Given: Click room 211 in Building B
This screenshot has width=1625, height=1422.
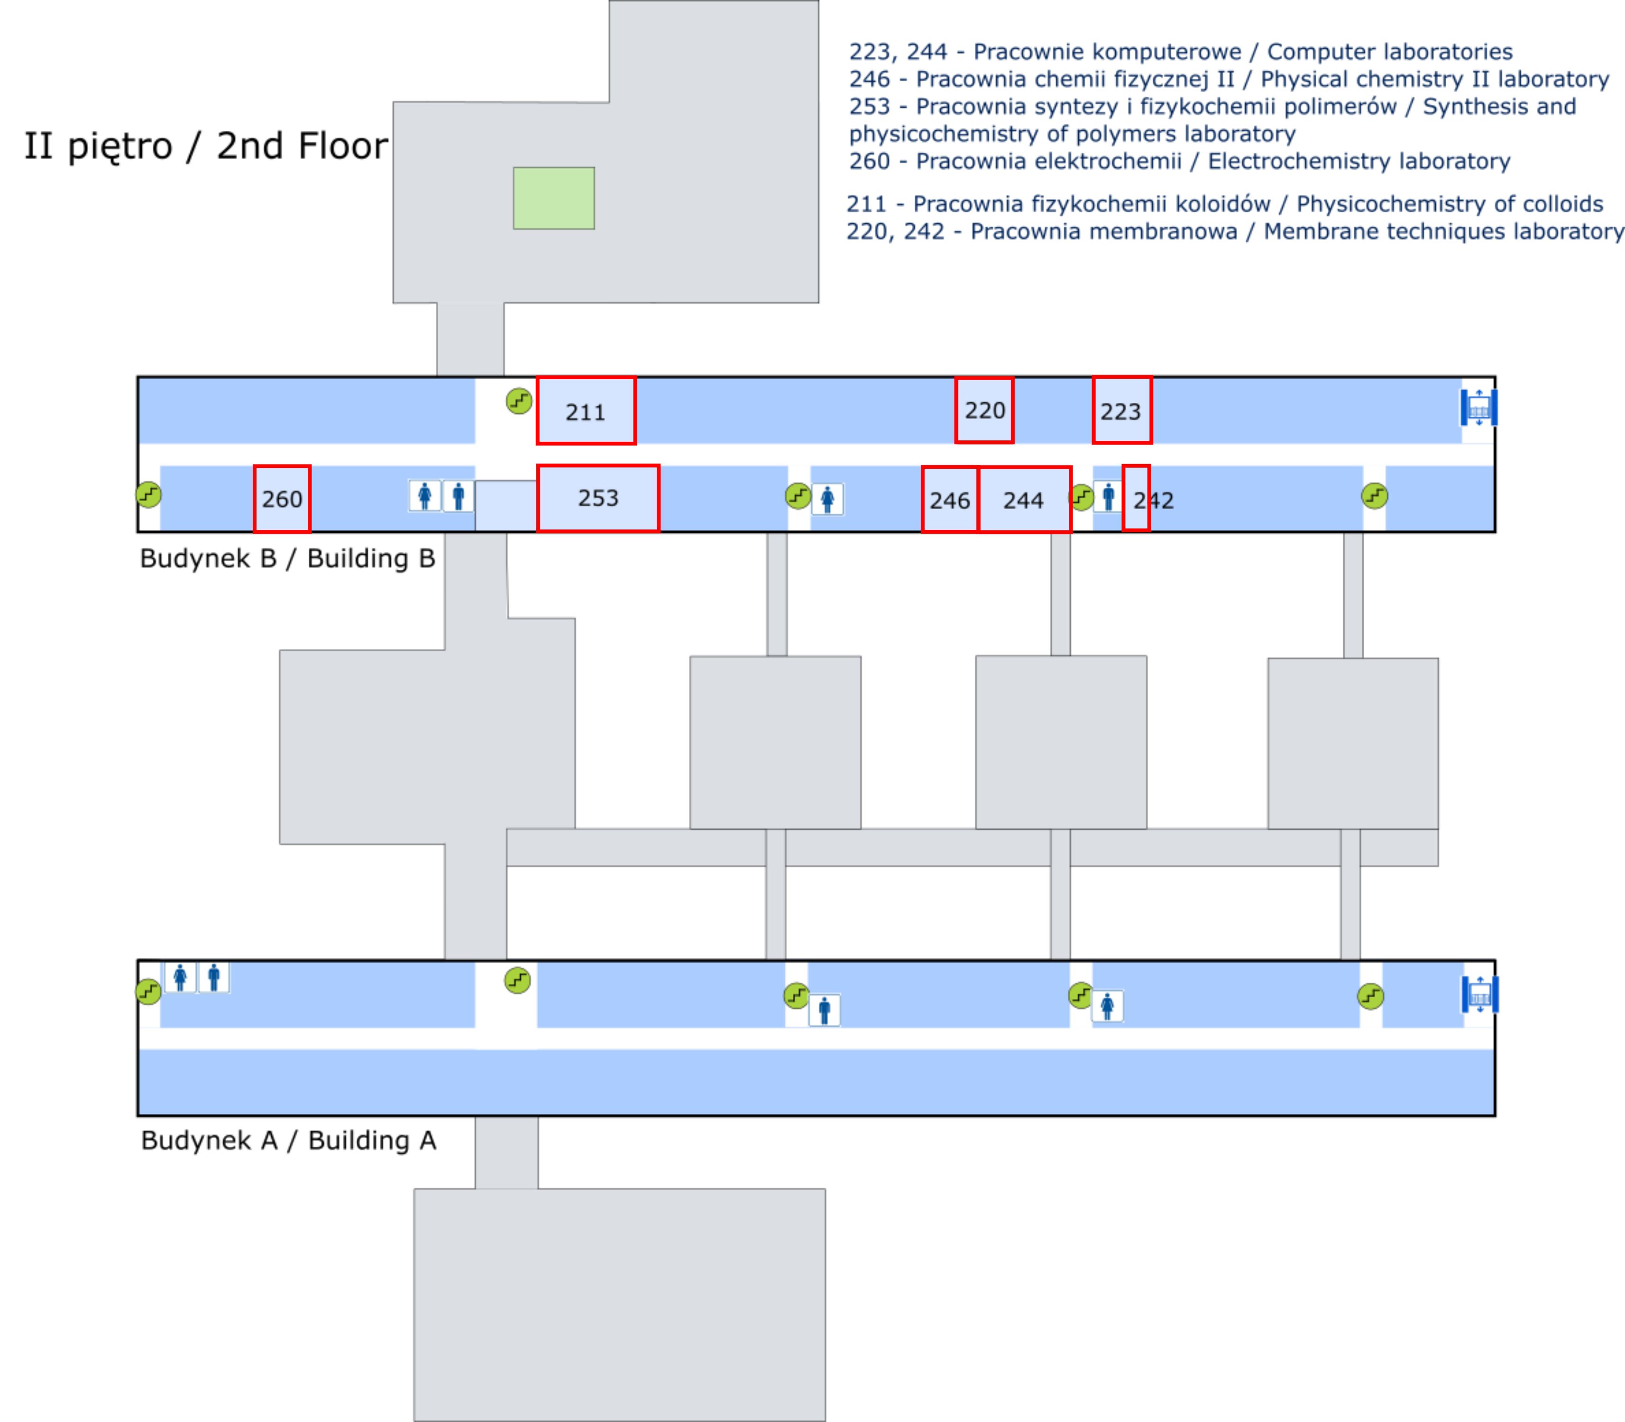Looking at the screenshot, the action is click(586, 410).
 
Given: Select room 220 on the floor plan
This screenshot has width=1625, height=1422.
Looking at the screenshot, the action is click(984, 410).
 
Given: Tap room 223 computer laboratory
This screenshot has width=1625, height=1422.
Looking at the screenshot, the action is click(1122, 410).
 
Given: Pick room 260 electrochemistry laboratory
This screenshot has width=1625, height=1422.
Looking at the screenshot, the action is click(282, 498).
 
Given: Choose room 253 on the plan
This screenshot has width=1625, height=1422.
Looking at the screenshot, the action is click(598, 498).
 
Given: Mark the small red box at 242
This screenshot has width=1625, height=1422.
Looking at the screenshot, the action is click(1136, 498).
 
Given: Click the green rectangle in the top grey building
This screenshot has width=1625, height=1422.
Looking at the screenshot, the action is click(553, 198).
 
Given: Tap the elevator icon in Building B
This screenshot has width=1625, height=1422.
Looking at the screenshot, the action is click(1478, 408).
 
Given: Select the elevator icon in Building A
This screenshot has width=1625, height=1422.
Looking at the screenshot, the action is click(1479, 994).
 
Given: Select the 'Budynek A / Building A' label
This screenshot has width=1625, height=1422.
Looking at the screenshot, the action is click(288, 1140).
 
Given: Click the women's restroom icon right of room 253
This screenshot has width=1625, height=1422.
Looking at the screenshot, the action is click(827, 499).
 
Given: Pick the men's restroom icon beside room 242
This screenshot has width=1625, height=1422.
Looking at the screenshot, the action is click(1108, 497).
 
